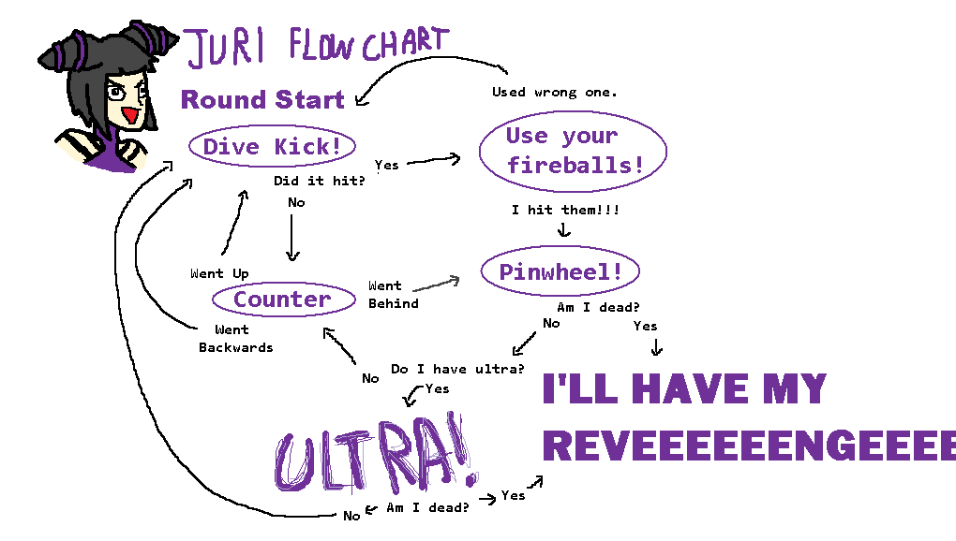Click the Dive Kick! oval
coord(272,147)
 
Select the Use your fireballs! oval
coord(573,151)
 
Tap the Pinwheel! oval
coord(560,271)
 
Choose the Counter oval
coord(283,300)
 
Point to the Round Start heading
coord(262,99)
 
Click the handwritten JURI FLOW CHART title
coord(315,45)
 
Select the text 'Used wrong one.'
coord(554,92)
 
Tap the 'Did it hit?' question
coord(319,181)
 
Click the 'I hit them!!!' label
coord(565,210)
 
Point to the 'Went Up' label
coord(219,273)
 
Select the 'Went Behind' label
coord(393,295)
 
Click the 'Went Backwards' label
coord(234,338)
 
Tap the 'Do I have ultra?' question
coord(457,369)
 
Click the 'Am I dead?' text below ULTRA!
coord(427,507)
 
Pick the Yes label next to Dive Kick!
coord(386,165)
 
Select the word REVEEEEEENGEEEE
coord(748,446)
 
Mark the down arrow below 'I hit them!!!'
coord(564,229)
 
